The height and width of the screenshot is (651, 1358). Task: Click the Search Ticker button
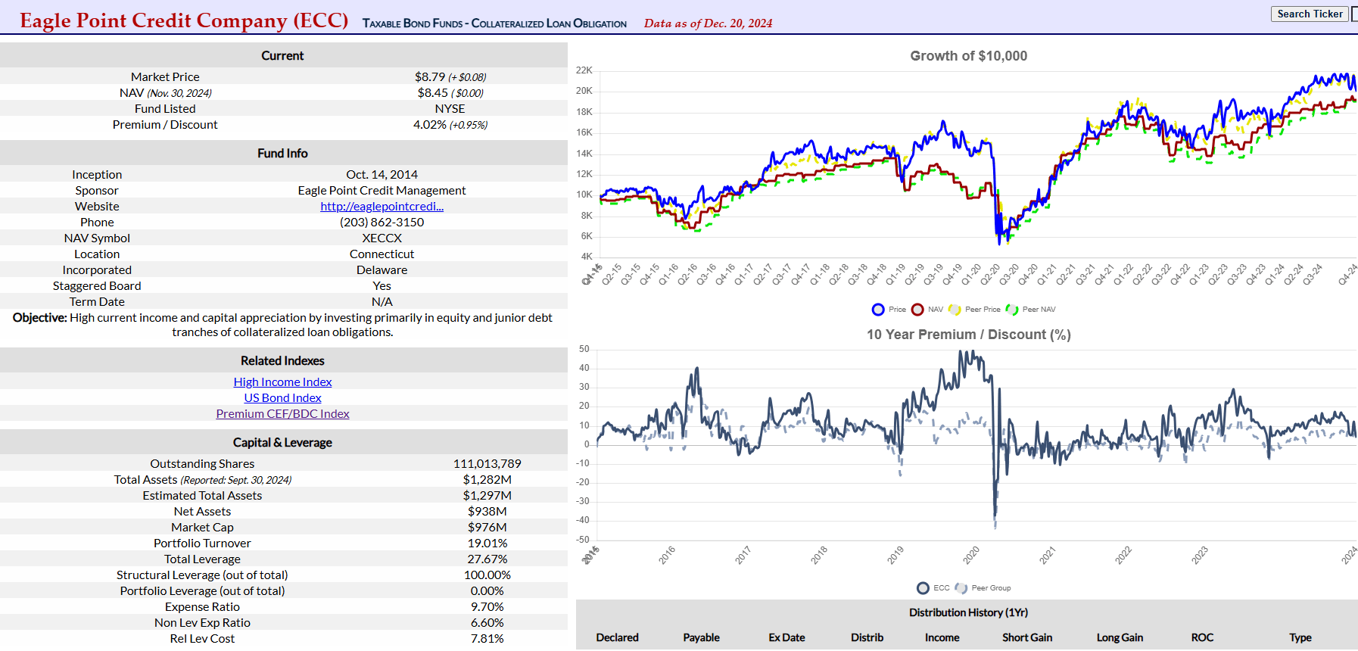[x=1310, y=14]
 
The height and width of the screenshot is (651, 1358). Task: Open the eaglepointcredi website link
[x=382, y=206]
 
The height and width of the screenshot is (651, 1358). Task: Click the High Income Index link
[x=282, y=382]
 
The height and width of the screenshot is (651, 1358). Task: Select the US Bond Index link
[x=282, y=397]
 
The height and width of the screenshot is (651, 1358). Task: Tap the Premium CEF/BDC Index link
[x=282, y=413]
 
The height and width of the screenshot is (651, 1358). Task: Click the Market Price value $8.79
[x=430, y=76]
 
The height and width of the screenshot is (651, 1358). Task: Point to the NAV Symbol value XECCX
[x=382, y=238]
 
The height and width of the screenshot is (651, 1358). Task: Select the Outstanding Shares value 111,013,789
[x=487, y=463]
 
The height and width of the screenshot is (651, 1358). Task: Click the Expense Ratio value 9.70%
[x=487, y=606]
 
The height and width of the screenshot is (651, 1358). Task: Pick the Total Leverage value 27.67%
[x=487, y=559]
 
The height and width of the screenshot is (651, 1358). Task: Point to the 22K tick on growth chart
[x=584, y=70]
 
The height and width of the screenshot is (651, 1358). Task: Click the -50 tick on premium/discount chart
[x=584, y=539]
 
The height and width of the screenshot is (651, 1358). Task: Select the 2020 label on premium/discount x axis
[x=971, y=555]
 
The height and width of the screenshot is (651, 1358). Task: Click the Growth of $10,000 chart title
[x=968, y=56]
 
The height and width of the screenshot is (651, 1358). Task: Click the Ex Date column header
[x=786, y=637]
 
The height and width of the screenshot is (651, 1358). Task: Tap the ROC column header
[x=1202, y=637]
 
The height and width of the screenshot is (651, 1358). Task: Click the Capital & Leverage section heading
[x=282, y=442]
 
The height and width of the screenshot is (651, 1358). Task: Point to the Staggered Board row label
[x=97, y=285]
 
